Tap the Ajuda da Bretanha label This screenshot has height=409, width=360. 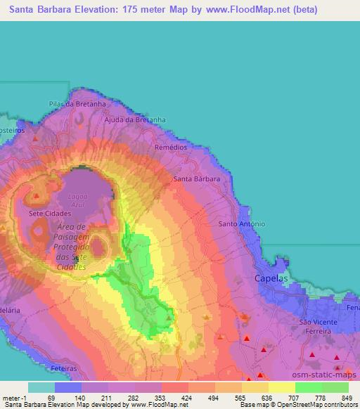135,119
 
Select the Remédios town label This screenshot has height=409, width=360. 172,148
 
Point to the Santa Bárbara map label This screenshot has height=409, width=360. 197,179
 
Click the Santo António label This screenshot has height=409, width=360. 242,223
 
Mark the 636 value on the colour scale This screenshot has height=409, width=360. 269,398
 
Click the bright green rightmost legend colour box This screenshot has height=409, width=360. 335,387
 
